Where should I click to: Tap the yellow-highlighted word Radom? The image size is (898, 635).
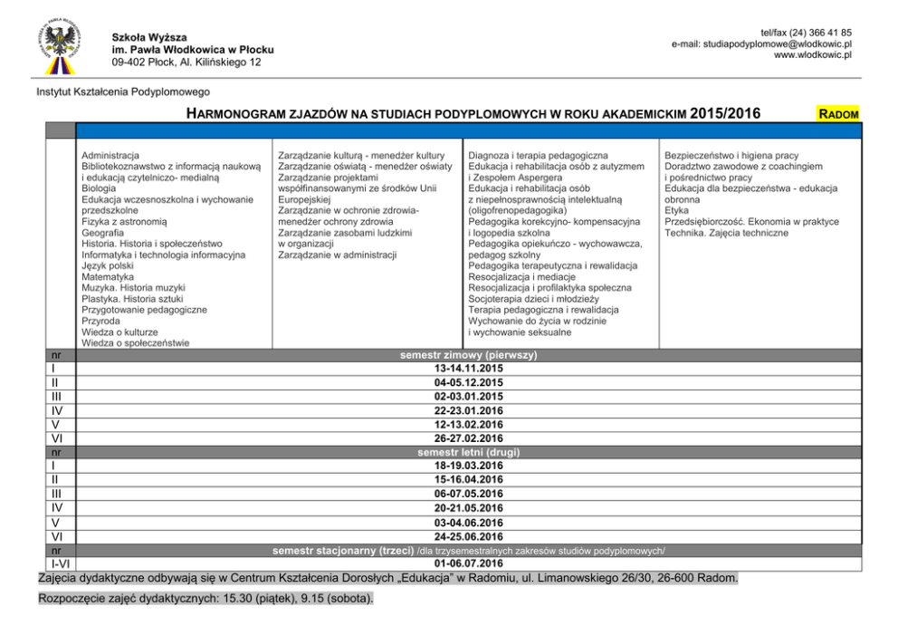[x=837, y=114]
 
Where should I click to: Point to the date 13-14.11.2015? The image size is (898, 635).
[x=468, y=370]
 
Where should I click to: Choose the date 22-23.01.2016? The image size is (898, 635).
[x=468, y=410]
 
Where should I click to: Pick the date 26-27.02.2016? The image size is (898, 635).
[x=468, y=438]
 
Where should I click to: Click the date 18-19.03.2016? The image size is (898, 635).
[x=468, y=466]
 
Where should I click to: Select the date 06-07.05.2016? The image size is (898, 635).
[x=468, y=494]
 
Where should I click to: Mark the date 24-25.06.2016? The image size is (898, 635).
[x=468, y=535]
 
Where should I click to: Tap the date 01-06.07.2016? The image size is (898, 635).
[x=468, y=563]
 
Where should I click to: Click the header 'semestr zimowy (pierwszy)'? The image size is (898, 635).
[x=468, y=356]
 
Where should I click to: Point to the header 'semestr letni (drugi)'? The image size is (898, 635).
[x=468, y=452]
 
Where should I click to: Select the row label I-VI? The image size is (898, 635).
[x=56, y=564]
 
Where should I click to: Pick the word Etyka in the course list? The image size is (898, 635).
[x=676, y=210]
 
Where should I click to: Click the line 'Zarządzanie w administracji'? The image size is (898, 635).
[x=337, y=255]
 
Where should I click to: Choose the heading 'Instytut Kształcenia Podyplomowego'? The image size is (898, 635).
[x=123, y=91]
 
